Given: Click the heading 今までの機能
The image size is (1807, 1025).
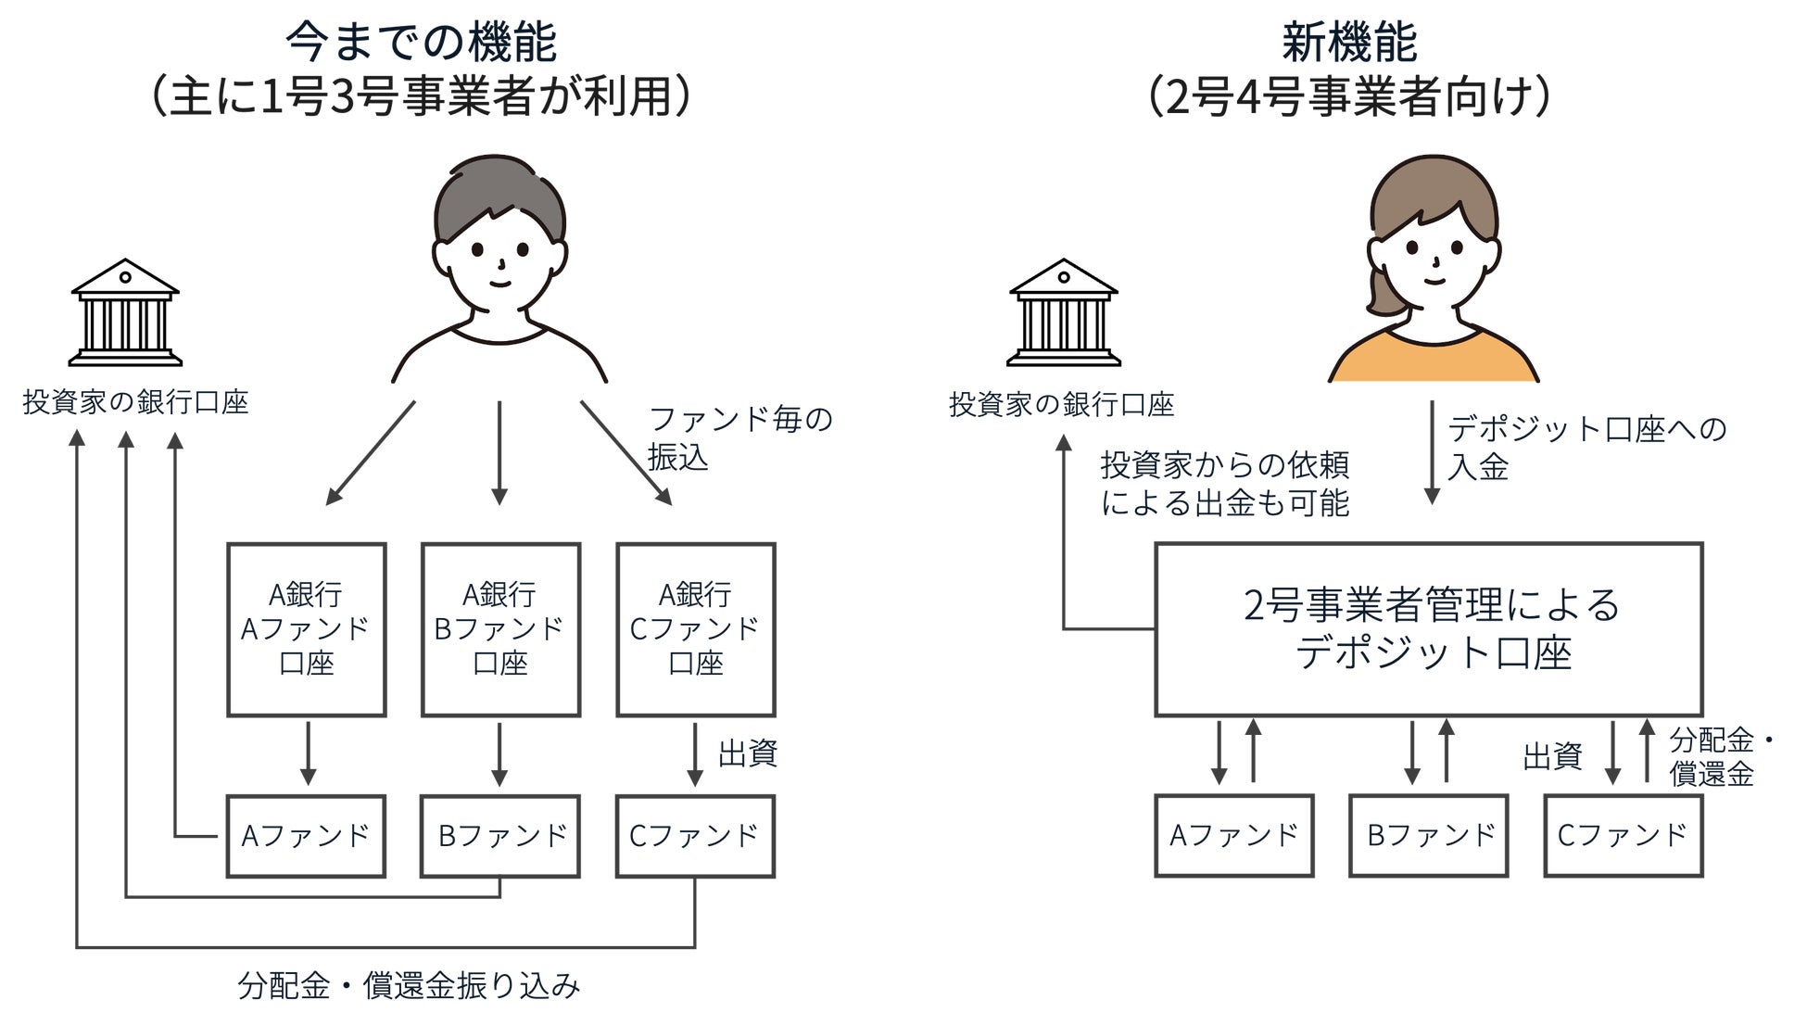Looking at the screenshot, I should (x=421, y=42).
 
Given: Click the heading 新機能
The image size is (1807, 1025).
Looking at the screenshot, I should (x=1349, y=42).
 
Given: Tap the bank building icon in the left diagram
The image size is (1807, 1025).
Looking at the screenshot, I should (x=125, y=312).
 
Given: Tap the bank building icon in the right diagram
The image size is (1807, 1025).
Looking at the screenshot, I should (x=1063, y=312).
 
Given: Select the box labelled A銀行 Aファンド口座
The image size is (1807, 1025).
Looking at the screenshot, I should (x=307, y=629).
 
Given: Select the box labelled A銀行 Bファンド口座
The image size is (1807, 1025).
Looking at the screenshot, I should (x=500, y=629).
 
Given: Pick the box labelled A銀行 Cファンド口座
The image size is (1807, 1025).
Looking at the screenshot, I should (x=695, y=629).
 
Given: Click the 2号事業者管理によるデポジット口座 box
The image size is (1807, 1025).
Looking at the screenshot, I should (x=1428, y=629).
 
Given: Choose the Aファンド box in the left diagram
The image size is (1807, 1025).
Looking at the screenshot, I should (x=306, y=836).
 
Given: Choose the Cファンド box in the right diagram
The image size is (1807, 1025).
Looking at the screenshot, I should (x=1623, y=836).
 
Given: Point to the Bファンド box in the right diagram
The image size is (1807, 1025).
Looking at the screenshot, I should (x=1428, y=836).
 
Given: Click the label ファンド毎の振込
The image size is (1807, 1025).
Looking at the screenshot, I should (x=739, y=438).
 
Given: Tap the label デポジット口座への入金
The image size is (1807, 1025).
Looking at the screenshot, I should (x=1586, y=448).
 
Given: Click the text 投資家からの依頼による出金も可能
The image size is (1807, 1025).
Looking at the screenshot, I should (x=1224, y=484).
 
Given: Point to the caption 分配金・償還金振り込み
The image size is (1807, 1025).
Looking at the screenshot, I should (x=409, y=986).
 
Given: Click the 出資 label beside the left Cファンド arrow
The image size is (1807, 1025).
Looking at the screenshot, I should (x=747, y=754).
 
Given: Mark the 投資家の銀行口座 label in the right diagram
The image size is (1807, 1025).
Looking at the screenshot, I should (x=1061, y=405).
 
